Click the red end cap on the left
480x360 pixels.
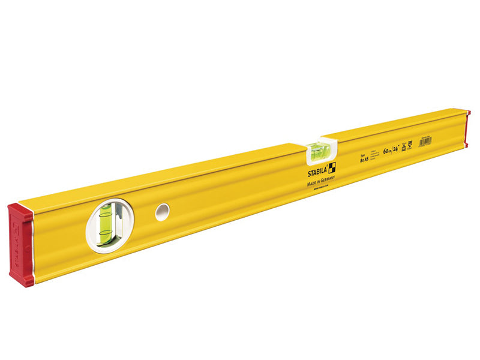point(20,245)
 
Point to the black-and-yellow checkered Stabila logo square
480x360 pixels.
point(331,167)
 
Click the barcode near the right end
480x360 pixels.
point(424,140)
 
